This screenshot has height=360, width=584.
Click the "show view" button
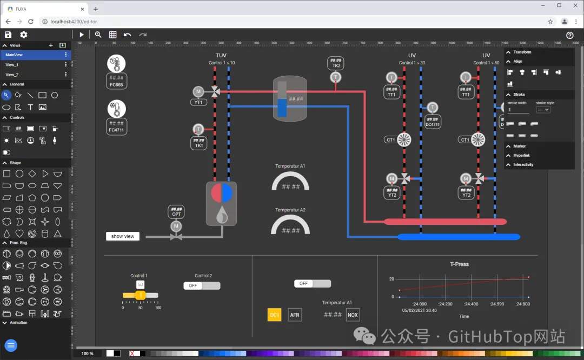click(123, 236)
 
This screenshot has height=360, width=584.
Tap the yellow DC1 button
click(275, 315)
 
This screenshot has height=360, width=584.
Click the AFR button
click(295, 315)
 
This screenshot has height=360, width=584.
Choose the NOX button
click(353, 315)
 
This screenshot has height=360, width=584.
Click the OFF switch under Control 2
click(202, 285)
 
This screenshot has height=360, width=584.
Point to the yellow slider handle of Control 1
click(140, 295)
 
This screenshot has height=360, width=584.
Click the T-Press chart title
click(459, 264)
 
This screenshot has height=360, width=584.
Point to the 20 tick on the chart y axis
click(391, 279)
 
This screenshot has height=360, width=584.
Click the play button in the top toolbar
click(82, 35)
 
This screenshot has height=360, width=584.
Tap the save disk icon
click(8, 35)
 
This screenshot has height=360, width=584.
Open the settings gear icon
click(24, 35)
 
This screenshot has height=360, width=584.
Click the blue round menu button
click(11, 345)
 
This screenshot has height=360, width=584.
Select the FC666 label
click(116, 85)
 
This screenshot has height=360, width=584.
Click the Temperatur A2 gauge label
click(290, 210)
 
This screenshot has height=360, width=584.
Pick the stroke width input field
click(518, 110)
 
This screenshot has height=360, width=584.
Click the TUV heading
click(221, 56)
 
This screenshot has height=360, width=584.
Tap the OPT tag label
click(176, 214)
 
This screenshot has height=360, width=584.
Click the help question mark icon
click(569, 35)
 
